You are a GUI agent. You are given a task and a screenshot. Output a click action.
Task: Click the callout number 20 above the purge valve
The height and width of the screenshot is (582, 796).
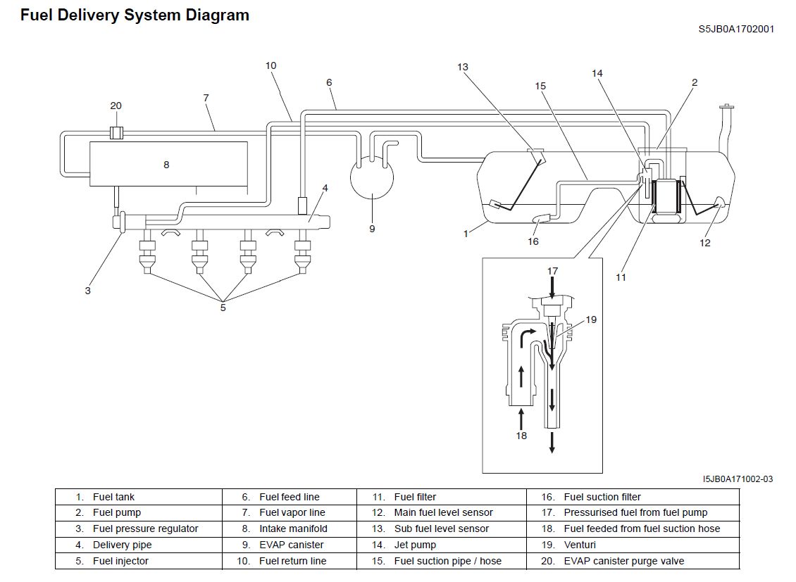pos(116,106)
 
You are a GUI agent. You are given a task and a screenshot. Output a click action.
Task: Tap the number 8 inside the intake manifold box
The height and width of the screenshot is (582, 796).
pos(166,165)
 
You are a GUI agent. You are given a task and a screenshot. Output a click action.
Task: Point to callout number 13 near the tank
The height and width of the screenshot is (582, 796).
pos(462,68)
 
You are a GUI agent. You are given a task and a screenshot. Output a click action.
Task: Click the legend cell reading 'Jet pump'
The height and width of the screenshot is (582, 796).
pos(415,545)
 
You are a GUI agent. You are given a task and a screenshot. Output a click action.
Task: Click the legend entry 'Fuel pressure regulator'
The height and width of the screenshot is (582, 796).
pos(145,529)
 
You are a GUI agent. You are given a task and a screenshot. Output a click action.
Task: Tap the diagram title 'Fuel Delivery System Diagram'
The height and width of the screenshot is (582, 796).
pos(135,15)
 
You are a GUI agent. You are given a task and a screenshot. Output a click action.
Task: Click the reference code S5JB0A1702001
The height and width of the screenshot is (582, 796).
pos(736,30)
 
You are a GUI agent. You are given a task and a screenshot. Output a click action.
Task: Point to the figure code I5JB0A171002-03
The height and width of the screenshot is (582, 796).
pos(738,479)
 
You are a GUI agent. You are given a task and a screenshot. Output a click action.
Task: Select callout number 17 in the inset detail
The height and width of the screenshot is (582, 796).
pos(552,271)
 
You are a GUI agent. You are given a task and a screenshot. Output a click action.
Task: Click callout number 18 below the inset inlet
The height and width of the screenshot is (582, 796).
pos(521,436)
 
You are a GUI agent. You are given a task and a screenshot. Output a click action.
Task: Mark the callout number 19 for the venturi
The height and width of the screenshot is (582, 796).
pos(590,320)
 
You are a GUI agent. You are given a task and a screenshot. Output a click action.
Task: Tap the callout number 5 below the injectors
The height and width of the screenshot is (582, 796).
pos(223,308)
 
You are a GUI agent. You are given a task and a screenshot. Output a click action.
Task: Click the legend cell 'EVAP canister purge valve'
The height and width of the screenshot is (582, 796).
pos(623,561)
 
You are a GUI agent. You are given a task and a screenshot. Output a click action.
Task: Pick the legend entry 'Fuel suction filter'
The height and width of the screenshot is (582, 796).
pos(602,497)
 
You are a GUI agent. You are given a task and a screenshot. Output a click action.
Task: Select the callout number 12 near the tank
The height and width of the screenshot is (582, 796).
pos(705,243)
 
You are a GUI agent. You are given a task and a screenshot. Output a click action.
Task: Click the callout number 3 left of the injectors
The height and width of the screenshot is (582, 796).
pos(88,291)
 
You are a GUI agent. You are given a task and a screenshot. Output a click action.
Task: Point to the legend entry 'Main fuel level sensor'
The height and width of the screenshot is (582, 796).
pos(443,512)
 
